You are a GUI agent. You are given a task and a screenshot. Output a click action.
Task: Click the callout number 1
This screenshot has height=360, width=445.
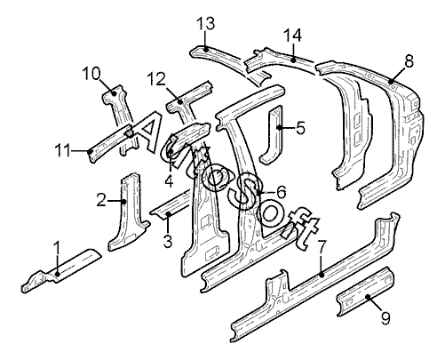point(57,251)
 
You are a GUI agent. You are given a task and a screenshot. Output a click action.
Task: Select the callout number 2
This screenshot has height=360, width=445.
point(101,200)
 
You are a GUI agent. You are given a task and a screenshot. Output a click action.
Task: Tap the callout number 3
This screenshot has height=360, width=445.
point(168,240)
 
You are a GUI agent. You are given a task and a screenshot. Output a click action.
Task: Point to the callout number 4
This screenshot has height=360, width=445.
point(169,181)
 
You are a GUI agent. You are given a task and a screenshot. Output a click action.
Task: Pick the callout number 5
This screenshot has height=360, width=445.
point(300,128)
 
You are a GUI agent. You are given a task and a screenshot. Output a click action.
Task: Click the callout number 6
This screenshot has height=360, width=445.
point(281,192)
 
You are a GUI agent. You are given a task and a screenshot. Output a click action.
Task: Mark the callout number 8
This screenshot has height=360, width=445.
point(409,62)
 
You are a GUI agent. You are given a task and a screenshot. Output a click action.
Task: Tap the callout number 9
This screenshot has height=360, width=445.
point(385,317)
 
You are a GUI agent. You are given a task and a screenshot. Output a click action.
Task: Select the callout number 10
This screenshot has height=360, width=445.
point(91,73)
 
